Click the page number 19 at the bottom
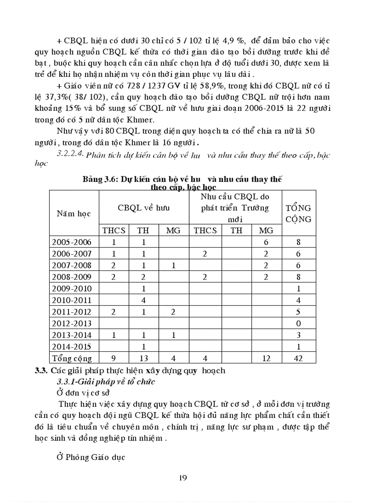(182, 478)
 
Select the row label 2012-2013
(72, 323)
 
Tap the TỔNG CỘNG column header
(298, 213)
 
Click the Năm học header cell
(74, 213)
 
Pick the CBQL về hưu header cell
(144, 207)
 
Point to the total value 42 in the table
(298, 358)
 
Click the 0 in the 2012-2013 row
(298, 323)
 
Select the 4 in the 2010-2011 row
(143, 300)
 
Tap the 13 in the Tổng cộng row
(143, 358)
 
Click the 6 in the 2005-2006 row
(266, 242)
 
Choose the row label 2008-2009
(72, 277)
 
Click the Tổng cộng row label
(72, 358)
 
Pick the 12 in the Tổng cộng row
(266, 358)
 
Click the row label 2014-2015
(72, 346)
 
